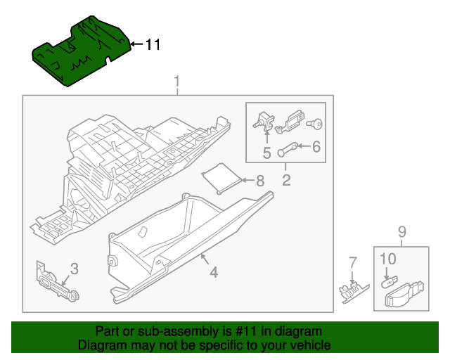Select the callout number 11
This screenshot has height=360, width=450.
[x=153, y=45]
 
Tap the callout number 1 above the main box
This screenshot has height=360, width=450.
[x=177, y=82]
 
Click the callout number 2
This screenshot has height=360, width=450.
[x=286, y=180]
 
